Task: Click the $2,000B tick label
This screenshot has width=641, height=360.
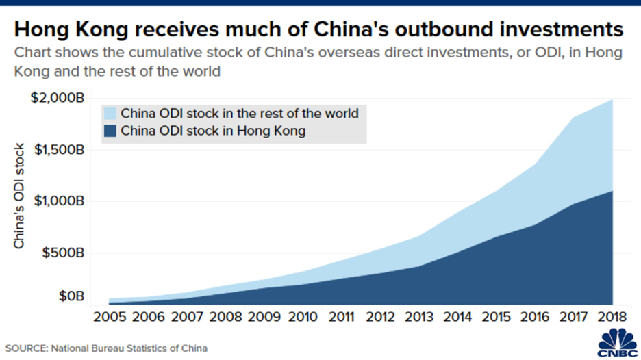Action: pyautogui.click(x=57, y=99)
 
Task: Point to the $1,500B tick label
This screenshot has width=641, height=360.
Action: pyautogui.click(x=57, y=150)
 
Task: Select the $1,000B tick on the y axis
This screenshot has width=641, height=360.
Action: pyautogui.click(x=57, y=201)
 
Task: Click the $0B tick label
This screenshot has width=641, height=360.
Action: pyautogui.click(x=70, y=296)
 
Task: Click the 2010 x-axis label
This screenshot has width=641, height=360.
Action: pyautogui.click(x=302, y=318)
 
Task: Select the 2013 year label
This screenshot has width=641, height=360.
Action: pyautogui.click(x=418, y=318)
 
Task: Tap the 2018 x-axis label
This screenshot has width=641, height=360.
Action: pyautogui.click(x=612, y=318)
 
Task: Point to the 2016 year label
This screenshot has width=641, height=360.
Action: pyautogui.click(x=534, y=318)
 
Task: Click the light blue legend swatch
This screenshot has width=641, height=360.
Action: pyautogui.click(x=110, y=114)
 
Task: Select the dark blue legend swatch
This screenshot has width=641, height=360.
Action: pyautogui.click(x=110, y=131)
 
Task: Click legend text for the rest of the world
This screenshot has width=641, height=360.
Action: pyautogui.click(x=239, y=114)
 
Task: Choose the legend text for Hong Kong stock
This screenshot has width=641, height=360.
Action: pyautogui.click(x=213, y=131)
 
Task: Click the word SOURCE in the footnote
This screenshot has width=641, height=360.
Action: pyautogui.click(x=26, y=348)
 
